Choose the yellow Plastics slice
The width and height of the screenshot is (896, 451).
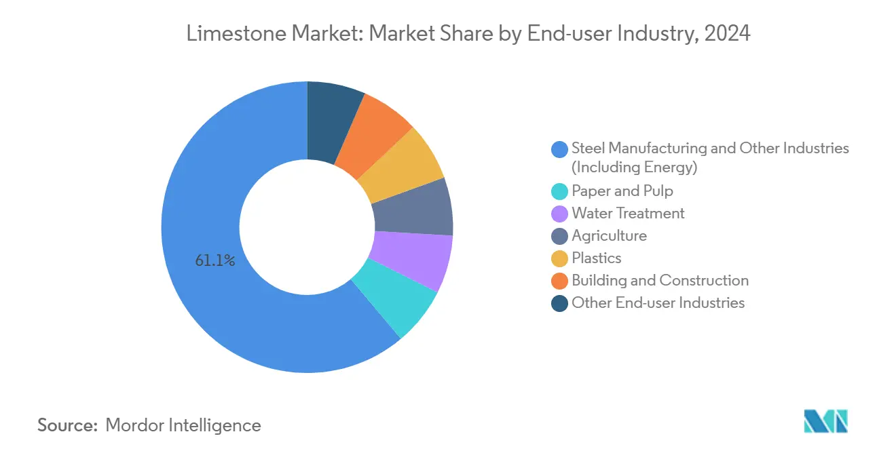coord(402,164)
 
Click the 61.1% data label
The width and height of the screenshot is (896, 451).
coord(215,260)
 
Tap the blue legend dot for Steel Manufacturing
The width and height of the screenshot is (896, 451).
coord(559,149)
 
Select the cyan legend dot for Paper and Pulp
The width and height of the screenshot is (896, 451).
coord(559,192)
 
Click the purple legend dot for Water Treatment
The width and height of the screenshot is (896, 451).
coord(559,214)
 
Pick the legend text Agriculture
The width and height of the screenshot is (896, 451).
coord(609,236)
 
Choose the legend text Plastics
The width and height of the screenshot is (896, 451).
coord(596,258)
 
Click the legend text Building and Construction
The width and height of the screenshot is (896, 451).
coord(660,281)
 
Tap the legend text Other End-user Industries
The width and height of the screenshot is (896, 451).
coord(658,303)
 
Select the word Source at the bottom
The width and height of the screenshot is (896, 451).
coord(67,425)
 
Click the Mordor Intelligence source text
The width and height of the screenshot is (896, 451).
coord(183,425)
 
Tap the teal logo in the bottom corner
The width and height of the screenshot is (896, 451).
coord(825,421)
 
